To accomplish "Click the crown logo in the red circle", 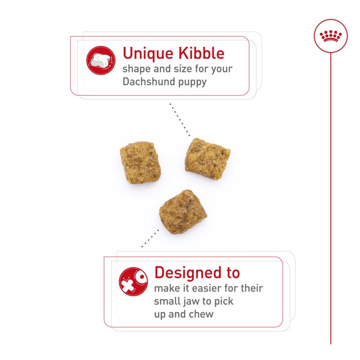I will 331,36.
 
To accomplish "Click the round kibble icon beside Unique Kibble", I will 101,60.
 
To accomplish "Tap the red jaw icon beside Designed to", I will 133,282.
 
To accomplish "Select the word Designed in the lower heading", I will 181,272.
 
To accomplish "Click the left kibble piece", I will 140,162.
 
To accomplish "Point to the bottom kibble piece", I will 183,211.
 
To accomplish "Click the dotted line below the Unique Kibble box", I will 180,119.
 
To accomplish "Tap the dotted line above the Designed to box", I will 150,238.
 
